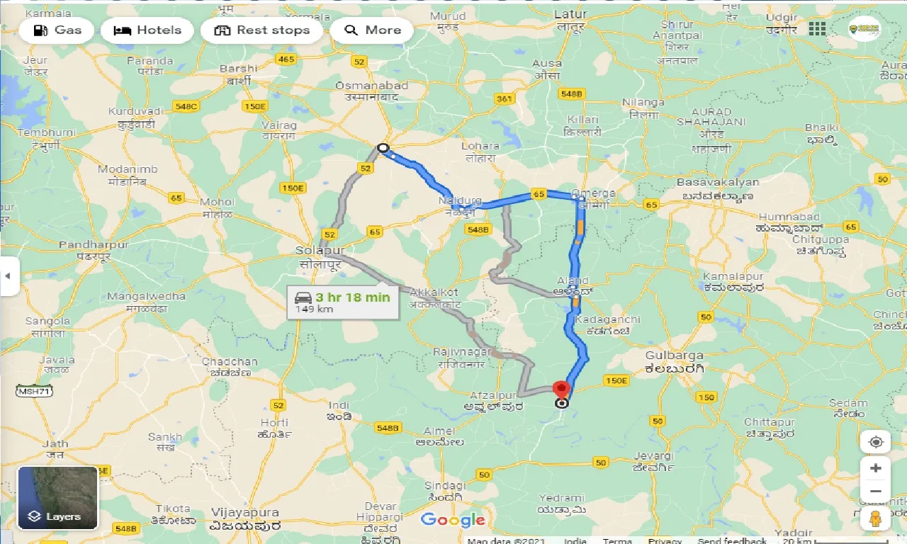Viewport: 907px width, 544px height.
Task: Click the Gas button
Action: [x=57, y=30]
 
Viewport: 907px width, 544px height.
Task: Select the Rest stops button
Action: [x=262, y=30]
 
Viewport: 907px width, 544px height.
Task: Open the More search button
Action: [x=372, y=30]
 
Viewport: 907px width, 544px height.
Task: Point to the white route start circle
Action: [x=383, y=148]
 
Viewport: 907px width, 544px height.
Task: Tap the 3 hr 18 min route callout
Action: [x=343, y=302]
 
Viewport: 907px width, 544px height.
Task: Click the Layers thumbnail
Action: [x=57, y=498]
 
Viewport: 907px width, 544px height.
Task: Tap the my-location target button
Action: [x=876, y=442]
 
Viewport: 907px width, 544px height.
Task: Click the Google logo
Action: [x=453, y=520]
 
